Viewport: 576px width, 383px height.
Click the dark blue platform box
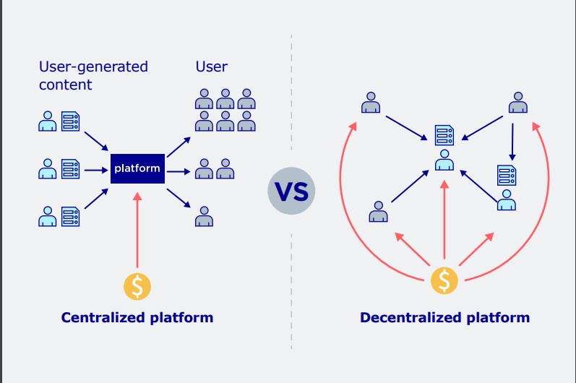tap(137, 169)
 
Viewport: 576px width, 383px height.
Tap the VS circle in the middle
tap(292, 191)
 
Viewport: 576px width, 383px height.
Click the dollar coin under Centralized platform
tap(137, 286)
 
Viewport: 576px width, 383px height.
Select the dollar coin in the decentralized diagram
tap(444, 280)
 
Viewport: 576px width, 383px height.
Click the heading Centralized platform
tap(137, 317)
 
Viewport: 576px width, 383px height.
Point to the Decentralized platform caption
tap(444, 317)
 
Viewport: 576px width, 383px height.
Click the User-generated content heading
tap(93, 75)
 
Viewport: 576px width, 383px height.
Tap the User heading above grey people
tap(211, 66)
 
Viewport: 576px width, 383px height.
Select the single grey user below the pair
tap(204, 216)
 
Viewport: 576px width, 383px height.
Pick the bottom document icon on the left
tap(71, 216)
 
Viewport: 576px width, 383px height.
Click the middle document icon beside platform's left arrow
tap(71, 169)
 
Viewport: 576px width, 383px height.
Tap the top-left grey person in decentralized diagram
tap(371, 103)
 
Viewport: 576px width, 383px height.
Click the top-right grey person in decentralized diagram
tap(516, 103)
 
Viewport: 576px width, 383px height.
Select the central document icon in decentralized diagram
tap(444, 135)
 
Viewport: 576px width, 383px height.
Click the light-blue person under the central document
tap(444, 160)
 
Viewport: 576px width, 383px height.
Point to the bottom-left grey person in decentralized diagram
tap(378, 212)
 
